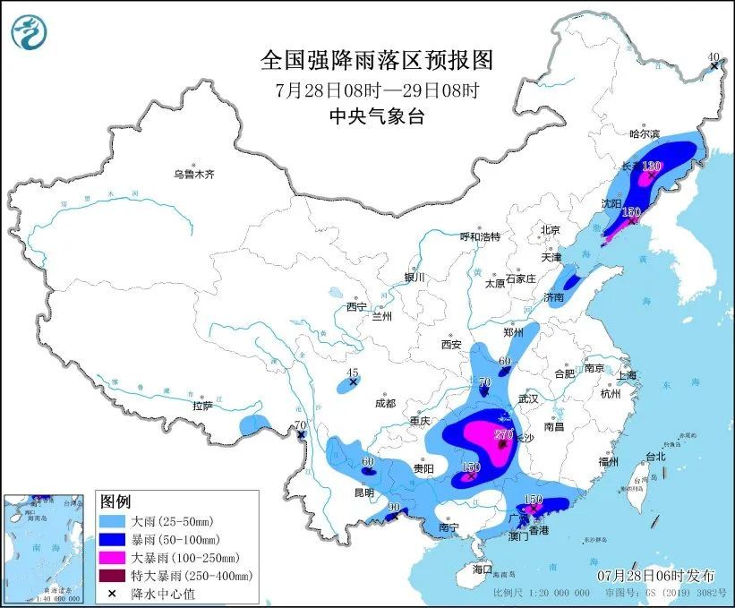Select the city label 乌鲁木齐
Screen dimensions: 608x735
(x=194, y=174)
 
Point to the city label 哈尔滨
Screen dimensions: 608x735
(x=644, y=133)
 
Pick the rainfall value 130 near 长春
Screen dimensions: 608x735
(x=651, y=166)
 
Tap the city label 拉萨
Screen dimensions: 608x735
(x=201, y=406)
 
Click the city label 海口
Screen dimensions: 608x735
(x=483, y=569)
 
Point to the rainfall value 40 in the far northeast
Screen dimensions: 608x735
(x=714, y=57)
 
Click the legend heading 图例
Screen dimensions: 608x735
(x=115, y=501)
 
